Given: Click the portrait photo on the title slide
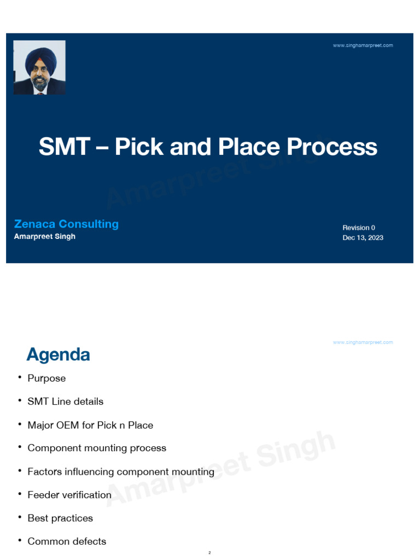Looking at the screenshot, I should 39,67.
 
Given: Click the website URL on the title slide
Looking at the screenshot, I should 363,45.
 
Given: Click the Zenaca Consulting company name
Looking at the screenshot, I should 66,224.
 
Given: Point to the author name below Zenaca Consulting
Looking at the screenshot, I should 45,236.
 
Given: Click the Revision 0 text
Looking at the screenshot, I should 359,227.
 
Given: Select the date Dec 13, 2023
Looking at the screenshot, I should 363,238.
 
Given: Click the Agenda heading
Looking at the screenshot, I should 58,355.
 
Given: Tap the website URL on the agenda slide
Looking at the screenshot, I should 363,342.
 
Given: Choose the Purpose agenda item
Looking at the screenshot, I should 46,378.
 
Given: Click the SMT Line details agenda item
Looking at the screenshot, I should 65,401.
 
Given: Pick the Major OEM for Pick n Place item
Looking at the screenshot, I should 90,425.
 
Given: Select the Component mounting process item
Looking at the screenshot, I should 97,448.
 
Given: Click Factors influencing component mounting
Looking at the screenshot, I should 121,471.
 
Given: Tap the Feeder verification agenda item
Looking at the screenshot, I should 69,495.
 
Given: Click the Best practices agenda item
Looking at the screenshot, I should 60,518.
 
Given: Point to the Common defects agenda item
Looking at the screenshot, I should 67,541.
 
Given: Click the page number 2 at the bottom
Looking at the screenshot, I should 209,553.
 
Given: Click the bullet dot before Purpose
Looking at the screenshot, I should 19,377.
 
